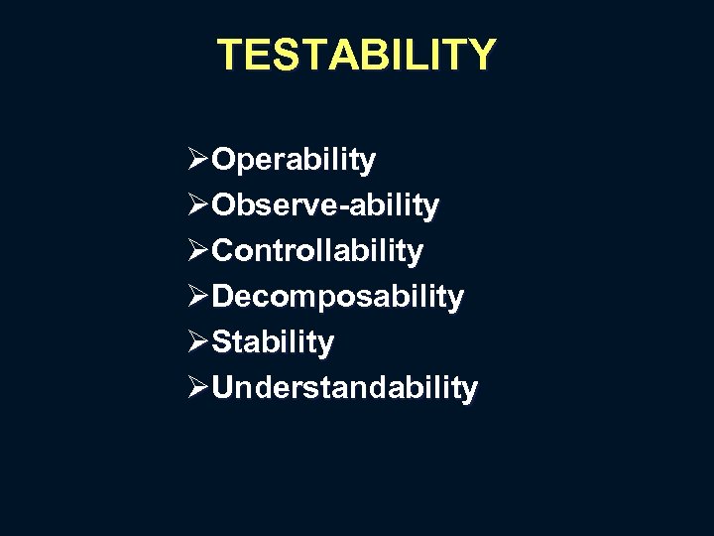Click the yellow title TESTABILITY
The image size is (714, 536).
pos(356,55)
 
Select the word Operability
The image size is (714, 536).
pos(294,160)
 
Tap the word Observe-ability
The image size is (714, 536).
pos(325,205)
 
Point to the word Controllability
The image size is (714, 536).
pos(317,251)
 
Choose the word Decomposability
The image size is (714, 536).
pos(337,297)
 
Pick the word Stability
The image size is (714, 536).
pos(273,342)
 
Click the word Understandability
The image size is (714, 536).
pos(344,387)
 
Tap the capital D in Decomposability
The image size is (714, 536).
pos(223,297)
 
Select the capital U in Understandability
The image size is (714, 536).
pos(223,387)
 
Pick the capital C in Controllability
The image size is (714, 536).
pos(224,251)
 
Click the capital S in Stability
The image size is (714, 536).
pos(222,342)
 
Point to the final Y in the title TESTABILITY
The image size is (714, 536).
pos(480,55)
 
